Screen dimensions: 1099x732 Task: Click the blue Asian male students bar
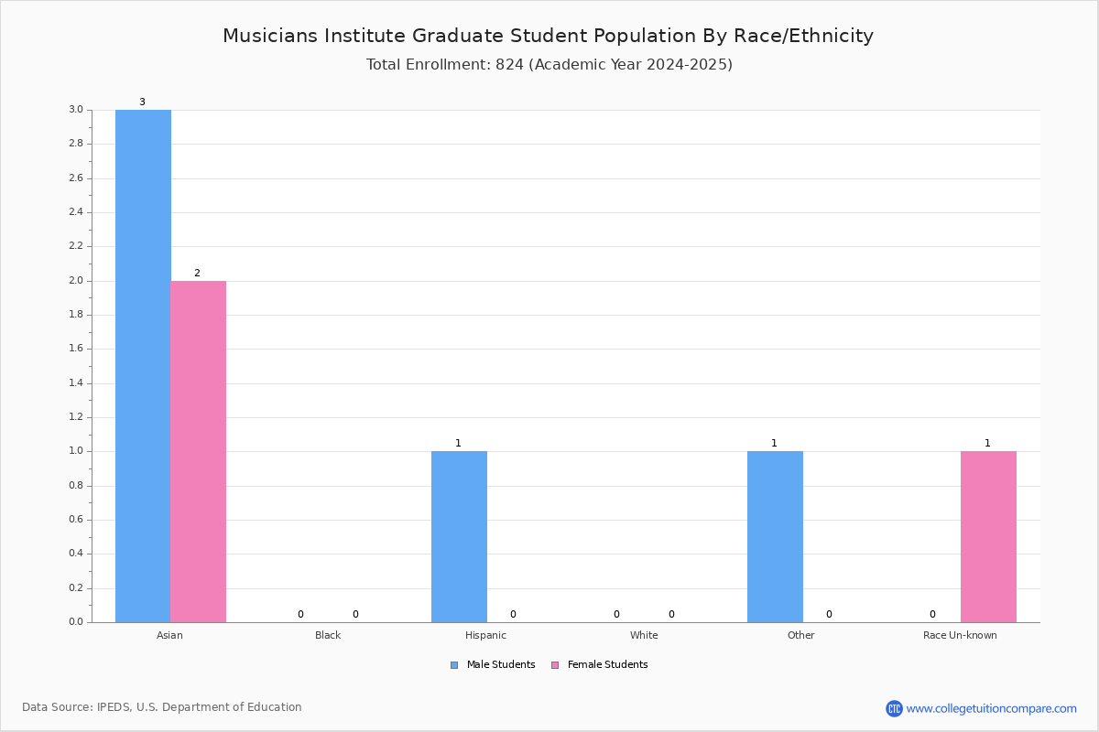[x=143, y=366]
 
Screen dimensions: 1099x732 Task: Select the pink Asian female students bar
[x=198, y=452]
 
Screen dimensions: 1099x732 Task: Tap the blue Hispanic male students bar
[x=459, y=537]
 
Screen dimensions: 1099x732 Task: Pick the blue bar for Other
[x=775, y=537]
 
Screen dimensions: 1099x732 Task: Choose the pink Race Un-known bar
[x=988, y=537]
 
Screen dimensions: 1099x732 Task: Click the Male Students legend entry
[x=493, y=665]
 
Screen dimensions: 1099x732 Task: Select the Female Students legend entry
[x=600, y=665]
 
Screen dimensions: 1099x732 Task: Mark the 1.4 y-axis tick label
[x=76, y=382]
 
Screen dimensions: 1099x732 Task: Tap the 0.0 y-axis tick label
[x=76, y=621]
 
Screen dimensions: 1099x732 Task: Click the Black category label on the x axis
[x=328, y=635]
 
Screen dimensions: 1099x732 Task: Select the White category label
[x=644, y=635]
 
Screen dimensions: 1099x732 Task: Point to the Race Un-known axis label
[x=960, y=635]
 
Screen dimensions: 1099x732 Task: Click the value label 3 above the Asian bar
[x=142, y=102]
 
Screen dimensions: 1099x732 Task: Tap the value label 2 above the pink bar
[x=197, y=273]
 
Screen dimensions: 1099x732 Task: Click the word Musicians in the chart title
[x=270, y=36]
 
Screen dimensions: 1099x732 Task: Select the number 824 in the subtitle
[x=509, y=64]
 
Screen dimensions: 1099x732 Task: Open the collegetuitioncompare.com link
[x=991, y=708]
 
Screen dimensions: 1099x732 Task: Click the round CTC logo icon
[x=894, y=708]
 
